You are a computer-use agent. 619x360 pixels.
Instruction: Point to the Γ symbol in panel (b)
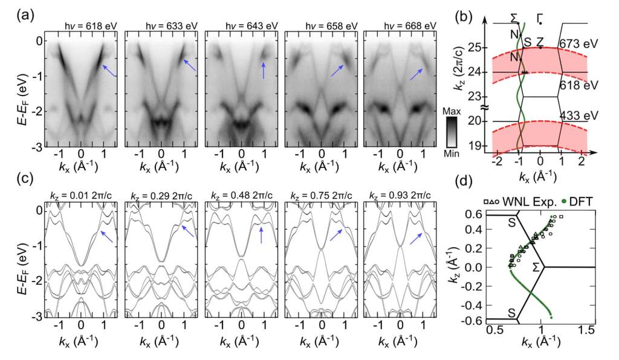[x=539, y=19]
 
